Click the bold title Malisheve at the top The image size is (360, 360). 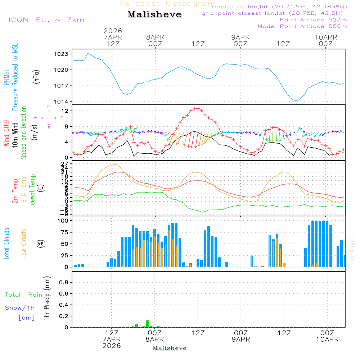(x=154, y=14)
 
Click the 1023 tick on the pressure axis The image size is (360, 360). (x=62, y=54)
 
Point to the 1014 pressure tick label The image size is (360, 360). (x=62, y=102)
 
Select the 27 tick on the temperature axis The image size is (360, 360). (x=66, y=164)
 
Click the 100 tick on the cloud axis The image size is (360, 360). (x=63, y=220)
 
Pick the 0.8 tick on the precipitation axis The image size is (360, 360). (x=64, y=283)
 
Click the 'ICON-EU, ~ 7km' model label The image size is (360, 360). (x=46, y=20)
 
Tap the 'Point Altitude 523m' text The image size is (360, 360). (x=313, y=20)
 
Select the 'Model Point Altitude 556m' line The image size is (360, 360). (x=302, y=26)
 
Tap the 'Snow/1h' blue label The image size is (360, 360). (x=20, y=308)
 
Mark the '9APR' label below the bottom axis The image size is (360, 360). (x=241, y=339)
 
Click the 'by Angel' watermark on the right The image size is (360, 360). (x=352, y=249)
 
